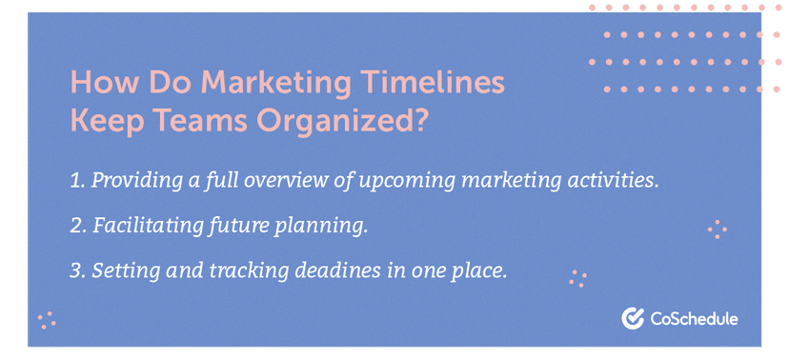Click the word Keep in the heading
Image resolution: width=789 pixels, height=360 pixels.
[105, 123]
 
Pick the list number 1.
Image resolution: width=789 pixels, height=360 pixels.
[77, 181]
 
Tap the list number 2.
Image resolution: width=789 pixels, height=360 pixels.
[78, 226]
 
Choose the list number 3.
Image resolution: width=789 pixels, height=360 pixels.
[78, 270]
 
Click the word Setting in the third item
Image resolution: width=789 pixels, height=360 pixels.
[122, 271]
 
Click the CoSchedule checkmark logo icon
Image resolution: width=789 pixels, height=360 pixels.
[630, 318]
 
